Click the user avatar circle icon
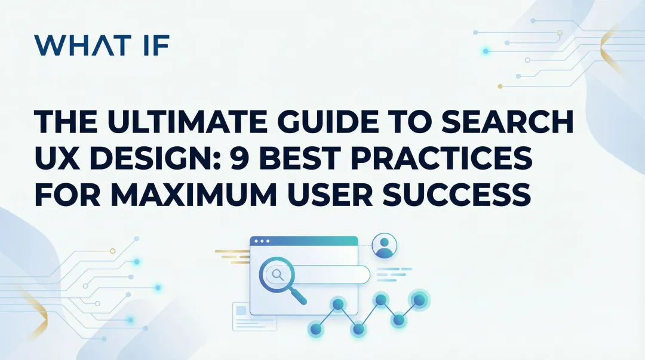point(384,245)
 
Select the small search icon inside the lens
point(277,274)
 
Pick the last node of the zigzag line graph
point(419,299)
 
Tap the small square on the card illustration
point(241,311)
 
